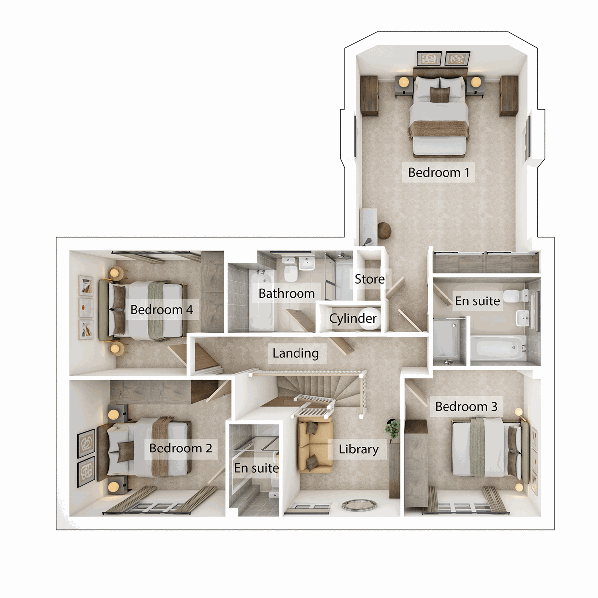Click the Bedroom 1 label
tap(439, 173)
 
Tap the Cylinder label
tap(353, 318)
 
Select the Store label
tap(369, 279)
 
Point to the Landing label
tap(296, 353)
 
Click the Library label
tap(358, 449)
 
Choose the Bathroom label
tap(287, 293)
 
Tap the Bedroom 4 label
tap(161, 310)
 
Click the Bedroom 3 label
tap(466, 407)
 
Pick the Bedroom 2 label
tap(180, 448)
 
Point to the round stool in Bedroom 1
tap(385, 231)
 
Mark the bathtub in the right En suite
tap(498, 348)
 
